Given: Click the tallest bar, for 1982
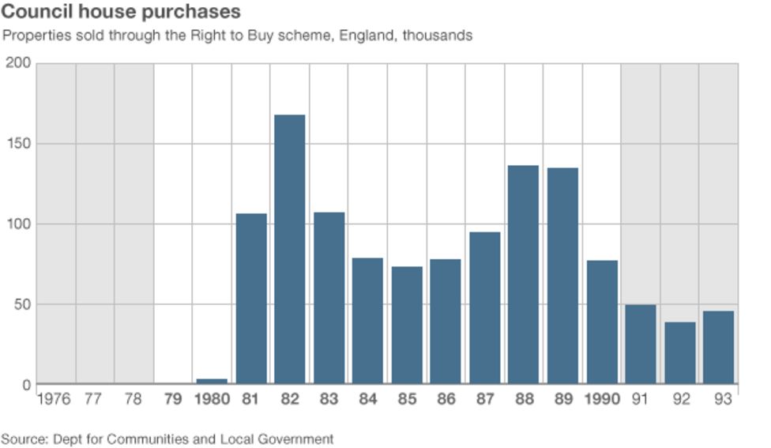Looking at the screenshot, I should click(x=290, y=250).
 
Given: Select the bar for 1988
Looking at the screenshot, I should click(x=523, y=275).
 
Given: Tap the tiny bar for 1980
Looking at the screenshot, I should click(x=212, y=382).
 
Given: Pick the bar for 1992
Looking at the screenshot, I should click(x=679, y=352).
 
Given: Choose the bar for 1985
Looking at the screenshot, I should click(x=407, y=325).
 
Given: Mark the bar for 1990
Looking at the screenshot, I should click(x=602, y=322).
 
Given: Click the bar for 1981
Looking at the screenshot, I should click(x=251, y=299).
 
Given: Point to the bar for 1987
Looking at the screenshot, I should click(x=484, y=308).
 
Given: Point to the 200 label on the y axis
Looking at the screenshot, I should click(x=17, y=62).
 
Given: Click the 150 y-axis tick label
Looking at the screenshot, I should click(x=17, y=144).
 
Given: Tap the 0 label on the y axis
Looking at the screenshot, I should click(x=25, y=385).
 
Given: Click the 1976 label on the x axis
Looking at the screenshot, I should click(x=55, y=400).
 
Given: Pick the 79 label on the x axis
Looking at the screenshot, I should click(x=172, y=400).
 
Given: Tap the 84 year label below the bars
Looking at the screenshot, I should click(x=367, y=400).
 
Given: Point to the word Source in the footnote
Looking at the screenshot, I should click(x=21, y=439).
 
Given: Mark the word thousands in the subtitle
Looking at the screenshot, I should click(x=438, y=36).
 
